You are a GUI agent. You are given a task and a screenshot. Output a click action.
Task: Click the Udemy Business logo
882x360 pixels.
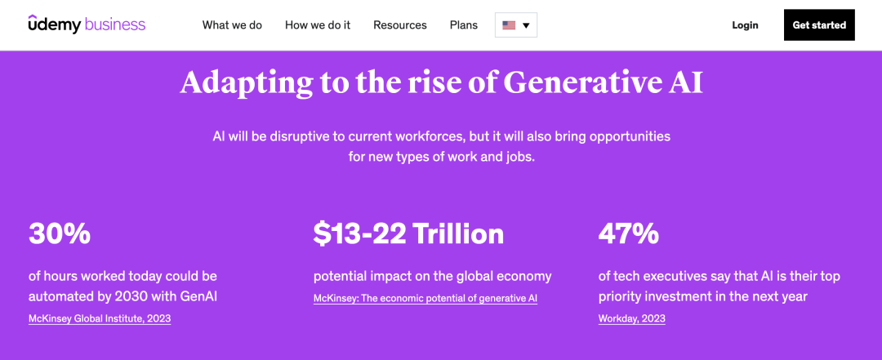pyautogui.click(x=87, y=24)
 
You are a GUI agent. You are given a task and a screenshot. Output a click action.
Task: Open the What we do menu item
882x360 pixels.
pyautogui.click(x=232, y=25)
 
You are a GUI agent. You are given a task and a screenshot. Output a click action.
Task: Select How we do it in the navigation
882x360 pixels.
pyautogui.click(x=318, y=25)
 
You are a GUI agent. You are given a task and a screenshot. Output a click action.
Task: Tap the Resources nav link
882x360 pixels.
pyautogui.click(x=400, y=25)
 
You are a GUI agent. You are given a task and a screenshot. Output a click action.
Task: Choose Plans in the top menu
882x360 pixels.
pyautogui.click(x=464, y=25)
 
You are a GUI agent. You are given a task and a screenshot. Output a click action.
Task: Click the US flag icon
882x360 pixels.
pyautogui.click(x=509, y=25)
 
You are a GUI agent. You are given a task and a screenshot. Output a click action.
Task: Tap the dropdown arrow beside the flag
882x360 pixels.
pyautogui.click(x=527, y=25)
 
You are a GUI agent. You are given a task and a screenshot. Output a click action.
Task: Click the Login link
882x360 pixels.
pyautogui.click(x=745, y=25)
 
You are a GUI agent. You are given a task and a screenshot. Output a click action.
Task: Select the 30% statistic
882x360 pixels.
pyautogui.click(x=60, y=233)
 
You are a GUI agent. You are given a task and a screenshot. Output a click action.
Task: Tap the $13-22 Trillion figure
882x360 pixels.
pyautogui.click(x=408, y=233)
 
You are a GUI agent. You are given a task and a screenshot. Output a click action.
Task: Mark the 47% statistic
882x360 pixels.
pyautogui.click(x=629, y=233)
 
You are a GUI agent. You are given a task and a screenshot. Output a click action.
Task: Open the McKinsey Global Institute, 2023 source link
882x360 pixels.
pyautogui.click(x=100, y=319)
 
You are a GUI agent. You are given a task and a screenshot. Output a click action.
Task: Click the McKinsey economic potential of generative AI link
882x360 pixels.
pyautogui.click(x=425, y=299)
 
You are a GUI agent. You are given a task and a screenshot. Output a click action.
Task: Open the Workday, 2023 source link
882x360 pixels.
pyautogui.click(x=631, y=319)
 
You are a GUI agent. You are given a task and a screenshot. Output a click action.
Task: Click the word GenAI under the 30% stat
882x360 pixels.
pyautogui.click(x=198, y=296)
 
